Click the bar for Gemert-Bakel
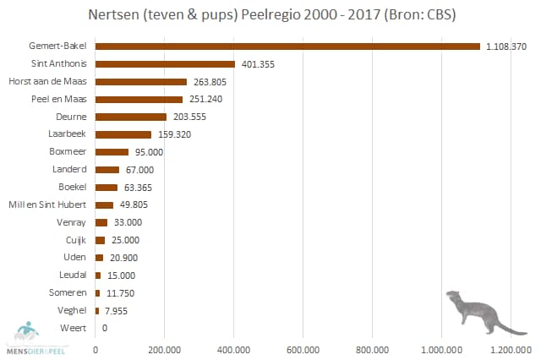287,46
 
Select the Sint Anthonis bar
165,64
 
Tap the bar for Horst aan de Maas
141,82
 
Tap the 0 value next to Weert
105,327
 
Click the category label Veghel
73,310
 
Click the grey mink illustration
482,311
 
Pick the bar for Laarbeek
123,134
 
